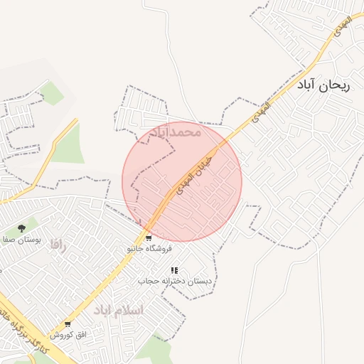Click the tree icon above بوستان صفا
tap(22, 228)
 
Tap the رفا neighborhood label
tap(57, 245)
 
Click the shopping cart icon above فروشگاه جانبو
tap(149, 238)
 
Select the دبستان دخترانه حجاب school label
tap(174, 281)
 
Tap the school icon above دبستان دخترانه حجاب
tap(174, 270)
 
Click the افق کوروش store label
tap(68, 334)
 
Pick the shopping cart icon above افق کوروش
tap(68, 324)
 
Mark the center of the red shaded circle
tap(182, 182)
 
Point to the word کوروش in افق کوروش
tap(62, 334)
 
